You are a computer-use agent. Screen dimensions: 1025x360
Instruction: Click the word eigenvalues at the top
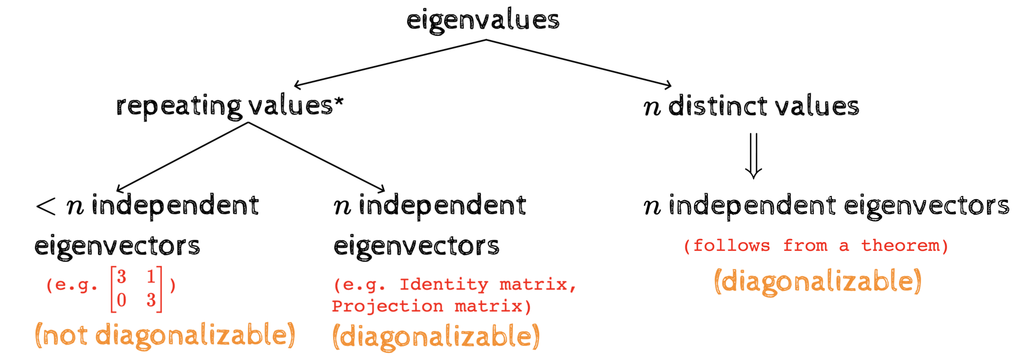tap(483, 21)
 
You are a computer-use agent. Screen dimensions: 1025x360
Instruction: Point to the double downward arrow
tap(753, 156)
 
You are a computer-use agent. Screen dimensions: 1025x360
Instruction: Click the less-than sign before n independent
tap(46, 206)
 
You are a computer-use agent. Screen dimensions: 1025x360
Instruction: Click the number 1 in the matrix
tap(151, 277)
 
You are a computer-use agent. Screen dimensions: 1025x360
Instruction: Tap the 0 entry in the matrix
tap(121, 301)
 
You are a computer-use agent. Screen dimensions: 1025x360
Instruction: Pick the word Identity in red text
tap(444, 284)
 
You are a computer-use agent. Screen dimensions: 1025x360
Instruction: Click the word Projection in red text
tap(387, 306)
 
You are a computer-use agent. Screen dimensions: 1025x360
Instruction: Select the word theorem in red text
tap(900, 246)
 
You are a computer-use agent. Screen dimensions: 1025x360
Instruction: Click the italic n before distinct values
tap(652, 107)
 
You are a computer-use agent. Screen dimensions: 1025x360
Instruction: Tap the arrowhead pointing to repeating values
tap(296, 85)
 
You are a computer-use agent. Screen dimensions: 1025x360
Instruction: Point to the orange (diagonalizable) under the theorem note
tap(818, 282)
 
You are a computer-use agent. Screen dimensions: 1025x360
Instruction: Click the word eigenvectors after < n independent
tap(117, 247)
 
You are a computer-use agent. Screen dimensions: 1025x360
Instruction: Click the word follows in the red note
tap(731, 246)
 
